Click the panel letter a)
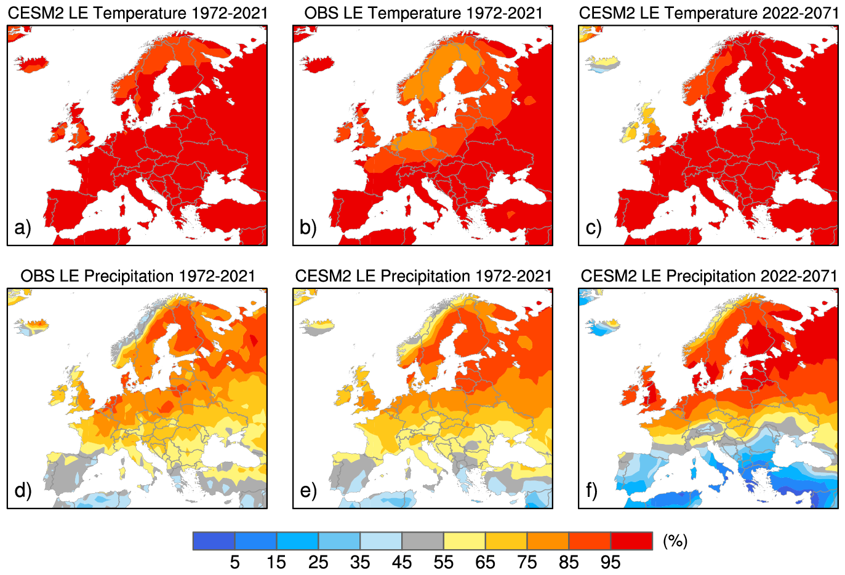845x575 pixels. pos(22,228)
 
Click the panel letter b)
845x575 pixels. pos(308,228)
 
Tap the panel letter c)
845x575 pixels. pos(593,228)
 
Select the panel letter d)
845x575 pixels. pos(22,490)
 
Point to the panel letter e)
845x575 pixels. pos(308,490)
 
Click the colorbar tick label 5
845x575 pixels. pos(234,562)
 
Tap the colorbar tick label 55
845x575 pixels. pos(443,562)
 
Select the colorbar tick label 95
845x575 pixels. pos(610,562)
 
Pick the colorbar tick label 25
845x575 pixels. pos(318,562)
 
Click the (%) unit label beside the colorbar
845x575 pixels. pos(675,541)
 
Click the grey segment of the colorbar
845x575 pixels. pos(422,541)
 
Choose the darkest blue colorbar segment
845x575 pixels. pos(214,541)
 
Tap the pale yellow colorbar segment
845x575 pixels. pos(464,541)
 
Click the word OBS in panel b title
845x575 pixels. pos(321,13)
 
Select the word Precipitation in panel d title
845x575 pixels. pos(129,276)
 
